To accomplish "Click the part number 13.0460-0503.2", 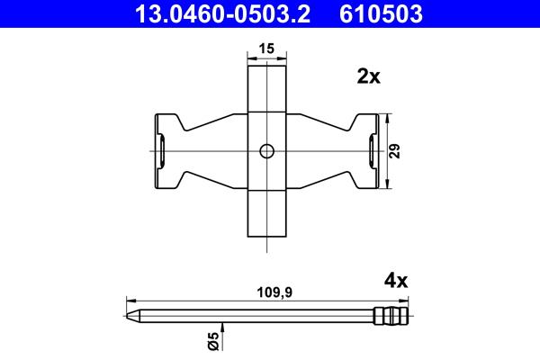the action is [x=223, y=13].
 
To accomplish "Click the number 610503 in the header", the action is [x=381, y=13].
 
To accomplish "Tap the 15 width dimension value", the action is [x=266, y=49].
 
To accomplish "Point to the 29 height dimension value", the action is [x=395, y=151].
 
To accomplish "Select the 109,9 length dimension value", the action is [x=274, y=292].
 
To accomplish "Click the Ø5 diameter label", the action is [x=213, y=341].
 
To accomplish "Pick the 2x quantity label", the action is [x=368, y=76].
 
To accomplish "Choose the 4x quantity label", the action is [x=396, y=281].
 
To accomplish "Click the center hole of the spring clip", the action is [x=266, y=151].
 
